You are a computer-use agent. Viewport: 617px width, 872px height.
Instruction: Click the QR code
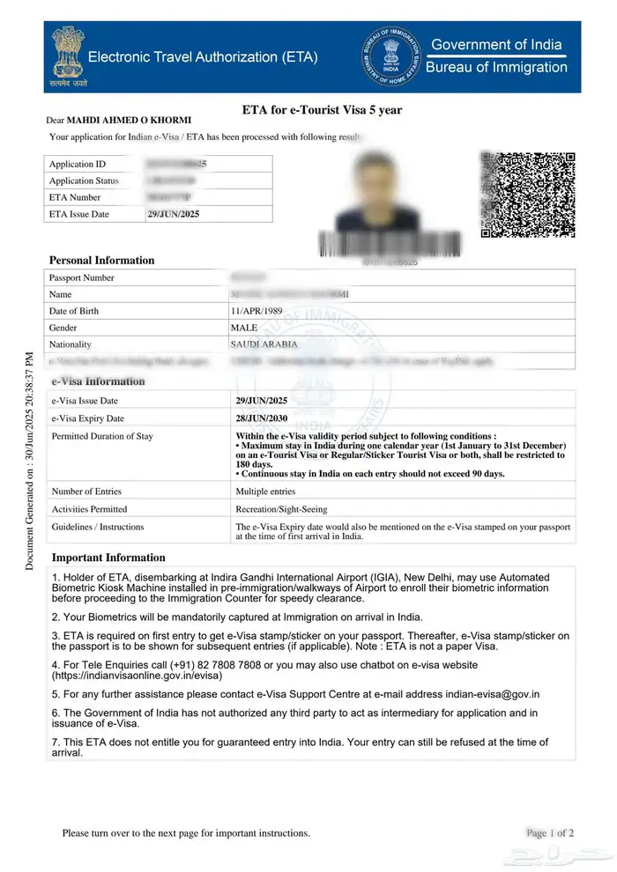click(529, 195)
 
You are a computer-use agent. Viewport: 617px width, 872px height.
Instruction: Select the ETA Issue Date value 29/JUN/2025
click(173, 214)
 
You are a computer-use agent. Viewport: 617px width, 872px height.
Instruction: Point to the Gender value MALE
click(244, 328)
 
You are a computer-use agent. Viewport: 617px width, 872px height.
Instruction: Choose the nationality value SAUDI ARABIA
click(264, 344)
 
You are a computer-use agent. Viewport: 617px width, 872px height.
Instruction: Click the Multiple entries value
click(265, 491)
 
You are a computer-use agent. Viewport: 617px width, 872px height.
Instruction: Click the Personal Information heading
click(101, 261)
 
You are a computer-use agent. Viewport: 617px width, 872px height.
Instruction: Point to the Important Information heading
click(108, 558)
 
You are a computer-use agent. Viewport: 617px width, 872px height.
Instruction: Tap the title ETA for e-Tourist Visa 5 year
click(322, 110)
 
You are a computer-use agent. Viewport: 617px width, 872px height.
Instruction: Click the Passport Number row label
click(82, 278)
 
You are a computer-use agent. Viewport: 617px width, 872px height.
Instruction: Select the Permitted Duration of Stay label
click(102, 436)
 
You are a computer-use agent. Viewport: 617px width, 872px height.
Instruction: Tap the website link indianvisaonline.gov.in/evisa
click(141, 676)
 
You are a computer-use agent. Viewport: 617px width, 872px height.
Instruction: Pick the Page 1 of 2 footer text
click(550, 832)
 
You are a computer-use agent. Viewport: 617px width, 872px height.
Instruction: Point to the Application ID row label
click(78, 165)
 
